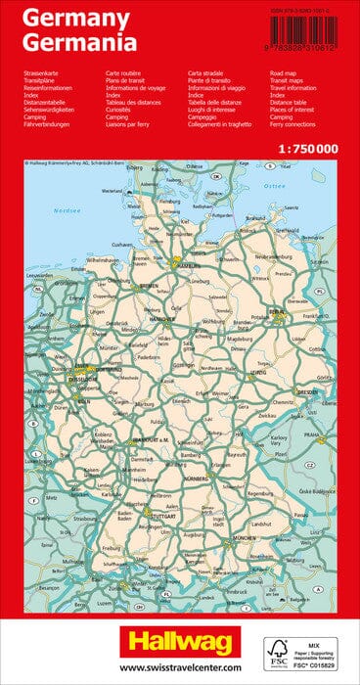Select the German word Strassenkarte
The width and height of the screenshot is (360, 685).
(41, 73)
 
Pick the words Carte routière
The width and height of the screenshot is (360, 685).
(126, 73)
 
